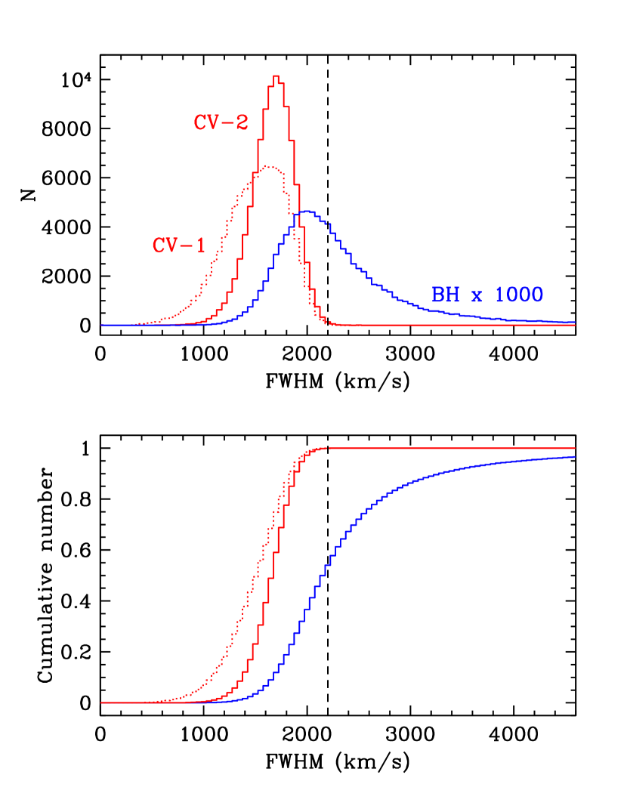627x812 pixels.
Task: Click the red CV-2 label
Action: [221, 122]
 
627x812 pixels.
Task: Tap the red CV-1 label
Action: [179, 245]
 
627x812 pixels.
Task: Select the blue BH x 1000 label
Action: [487, 295]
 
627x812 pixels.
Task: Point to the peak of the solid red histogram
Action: [276, 76]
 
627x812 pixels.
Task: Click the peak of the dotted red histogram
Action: [269, 166]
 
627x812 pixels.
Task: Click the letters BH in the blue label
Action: [445, 295]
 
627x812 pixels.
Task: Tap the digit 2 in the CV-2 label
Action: [242, 122]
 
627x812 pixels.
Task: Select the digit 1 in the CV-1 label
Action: [200, 245]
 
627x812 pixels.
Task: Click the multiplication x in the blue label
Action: [476, 295]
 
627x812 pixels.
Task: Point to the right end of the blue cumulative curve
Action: [575, 457]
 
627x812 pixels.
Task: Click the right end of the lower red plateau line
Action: [575, 448]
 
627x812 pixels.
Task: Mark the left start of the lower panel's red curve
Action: [101, 702]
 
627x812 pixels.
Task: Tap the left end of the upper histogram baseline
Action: [101, 325]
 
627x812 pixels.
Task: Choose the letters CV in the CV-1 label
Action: [165, 245]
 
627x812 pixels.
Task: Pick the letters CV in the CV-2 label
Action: [207, 122]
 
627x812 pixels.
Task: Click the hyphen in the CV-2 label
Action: [227, 123]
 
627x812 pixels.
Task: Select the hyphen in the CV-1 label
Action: [187, 246]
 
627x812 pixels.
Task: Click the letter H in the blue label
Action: [452, 295]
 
